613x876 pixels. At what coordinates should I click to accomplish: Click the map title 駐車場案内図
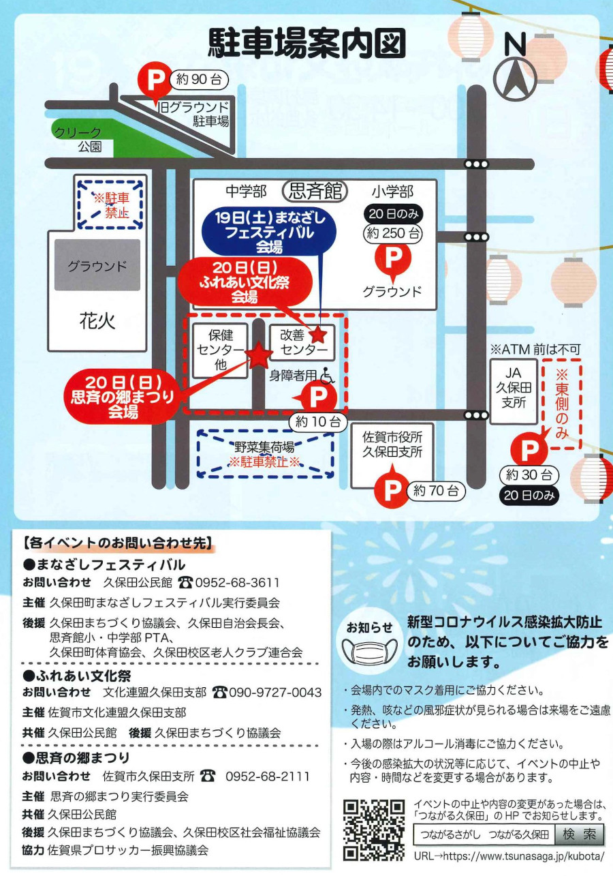coord(306,43)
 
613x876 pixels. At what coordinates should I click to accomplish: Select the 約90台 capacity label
coord(199,80)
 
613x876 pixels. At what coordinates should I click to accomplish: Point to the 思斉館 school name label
coord(315,192)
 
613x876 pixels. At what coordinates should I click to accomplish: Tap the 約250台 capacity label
coord(393,233)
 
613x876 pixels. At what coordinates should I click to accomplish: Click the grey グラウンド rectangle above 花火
coord(97,265)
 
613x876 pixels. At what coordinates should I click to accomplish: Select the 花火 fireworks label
coord(97,322)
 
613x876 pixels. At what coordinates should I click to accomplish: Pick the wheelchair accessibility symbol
coord(328,376)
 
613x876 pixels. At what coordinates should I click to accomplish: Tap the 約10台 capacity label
coord(318,422)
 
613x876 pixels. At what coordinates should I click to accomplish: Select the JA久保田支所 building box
coord(514,392)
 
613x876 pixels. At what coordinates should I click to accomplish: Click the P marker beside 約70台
coord(392,489)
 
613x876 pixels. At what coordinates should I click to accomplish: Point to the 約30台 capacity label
coord(529,475)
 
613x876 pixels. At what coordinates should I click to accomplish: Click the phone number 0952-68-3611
coord(237,583)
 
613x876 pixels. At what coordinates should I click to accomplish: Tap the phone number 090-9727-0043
coord(275,693)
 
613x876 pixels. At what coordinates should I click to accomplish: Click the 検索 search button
coord(580,834)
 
